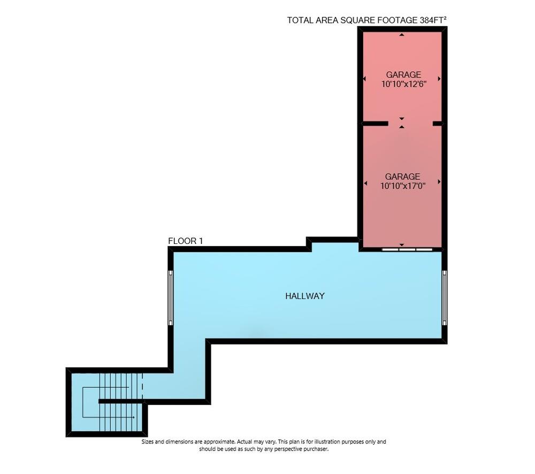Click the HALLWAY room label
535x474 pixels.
click(x=304, y=296)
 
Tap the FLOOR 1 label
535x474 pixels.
click(x=185, y=241)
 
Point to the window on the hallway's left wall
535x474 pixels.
click(x=171, y=297)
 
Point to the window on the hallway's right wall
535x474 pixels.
click(x=444, y=297)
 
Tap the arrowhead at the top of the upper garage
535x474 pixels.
click(x=402, y=35)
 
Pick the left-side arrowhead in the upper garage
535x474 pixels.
click(x=364, y=79)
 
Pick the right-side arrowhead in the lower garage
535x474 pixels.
click(x=439, y=182)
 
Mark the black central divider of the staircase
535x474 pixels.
click(x=120, y=401)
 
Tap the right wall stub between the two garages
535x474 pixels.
click(x=437, y=124)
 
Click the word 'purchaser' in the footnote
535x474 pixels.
click(x=311, y=449)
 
